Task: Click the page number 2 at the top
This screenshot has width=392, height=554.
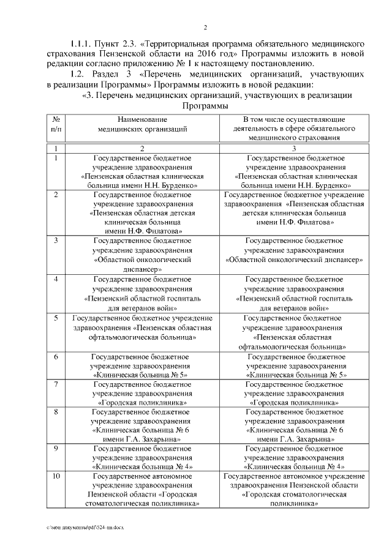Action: tap(206, 28)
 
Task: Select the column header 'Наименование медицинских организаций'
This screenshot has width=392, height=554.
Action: tap(141, 124)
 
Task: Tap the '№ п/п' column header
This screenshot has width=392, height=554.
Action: tap(56, 124)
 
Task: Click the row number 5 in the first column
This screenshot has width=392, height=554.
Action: tap(56, 318)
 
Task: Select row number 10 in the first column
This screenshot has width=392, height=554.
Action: tap(56, 476)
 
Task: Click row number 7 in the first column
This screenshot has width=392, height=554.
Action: tap(56, 384)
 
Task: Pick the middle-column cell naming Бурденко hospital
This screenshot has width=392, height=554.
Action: tap(141, 170)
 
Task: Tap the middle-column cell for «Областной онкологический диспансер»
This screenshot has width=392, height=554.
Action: tap(141, 255)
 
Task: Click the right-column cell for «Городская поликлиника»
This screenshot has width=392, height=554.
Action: tap(295, 394)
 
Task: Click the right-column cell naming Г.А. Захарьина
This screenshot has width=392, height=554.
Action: tap(295, 425)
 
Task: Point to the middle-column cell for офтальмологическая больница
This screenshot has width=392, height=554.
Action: tap(141, 332)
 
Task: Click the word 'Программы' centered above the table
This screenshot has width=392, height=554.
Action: tap(205, 105)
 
